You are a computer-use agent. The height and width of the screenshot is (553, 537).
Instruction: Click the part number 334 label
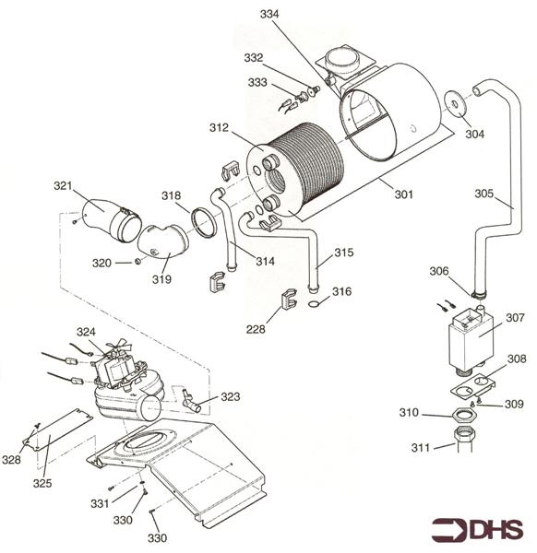pos(269,14)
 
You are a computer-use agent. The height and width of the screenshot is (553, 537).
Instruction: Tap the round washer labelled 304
pos(454,103)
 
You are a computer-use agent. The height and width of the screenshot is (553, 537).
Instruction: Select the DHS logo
pos(477,530)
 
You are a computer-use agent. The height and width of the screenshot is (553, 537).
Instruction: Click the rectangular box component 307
pos(471,338)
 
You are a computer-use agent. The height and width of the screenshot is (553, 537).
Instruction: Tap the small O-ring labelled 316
pos(315,303)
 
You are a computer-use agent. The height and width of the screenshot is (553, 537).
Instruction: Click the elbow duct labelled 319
pos(162,243)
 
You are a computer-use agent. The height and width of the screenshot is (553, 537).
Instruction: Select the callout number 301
pos(403,194)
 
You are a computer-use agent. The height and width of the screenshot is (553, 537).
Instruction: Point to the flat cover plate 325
pos(57,430)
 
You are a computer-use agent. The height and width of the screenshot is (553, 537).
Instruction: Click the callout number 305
pos(483,194)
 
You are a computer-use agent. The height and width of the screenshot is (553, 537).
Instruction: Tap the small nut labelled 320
pos(137,262)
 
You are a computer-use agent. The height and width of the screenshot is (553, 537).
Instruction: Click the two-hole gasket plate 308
pos(472,385)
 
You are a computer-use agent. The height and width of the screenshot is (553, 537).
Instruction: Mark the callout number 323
pos(230,396)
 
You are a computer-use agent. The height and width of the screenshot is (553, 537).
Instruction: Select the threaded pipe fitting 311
pos(464,439)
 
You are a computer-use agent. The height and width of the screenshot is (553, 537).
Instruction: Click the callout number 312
pos(219,128)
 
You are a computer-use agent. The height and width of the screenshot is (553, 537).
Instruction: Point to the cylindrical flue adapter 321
pos(112,220)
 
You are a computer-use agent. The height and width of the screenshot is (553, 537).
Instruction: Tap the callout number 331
pos(100,503)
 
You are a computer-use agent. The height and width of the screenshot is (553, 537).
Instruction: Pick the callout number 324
pos(86,332)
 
